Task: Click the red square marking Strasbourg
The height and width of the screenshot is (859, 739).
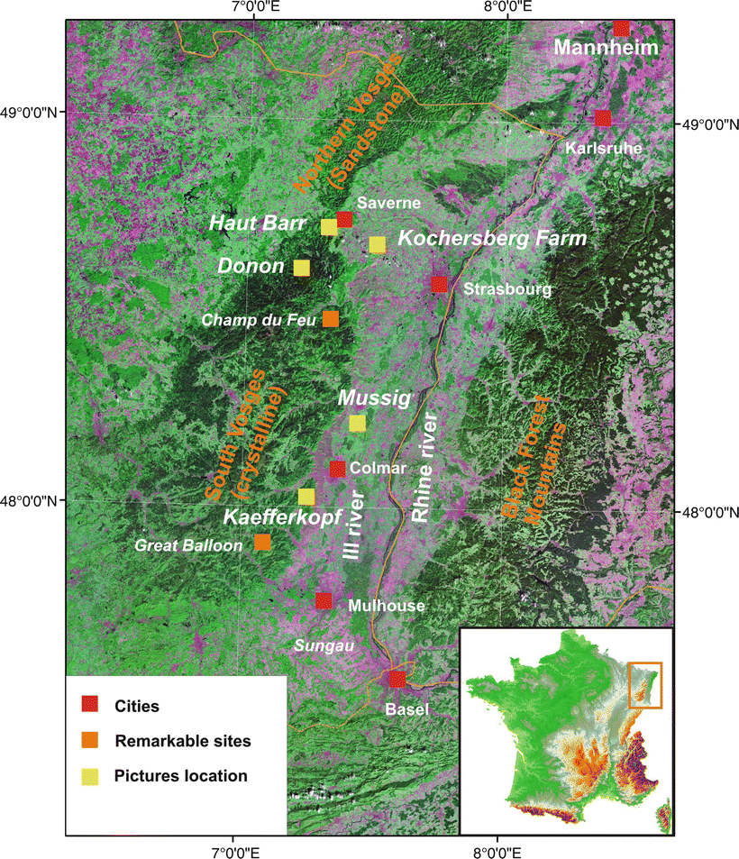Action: tap(439, 285)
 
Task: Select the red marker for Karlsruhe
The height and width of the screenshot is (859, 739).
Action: tap(603, 118)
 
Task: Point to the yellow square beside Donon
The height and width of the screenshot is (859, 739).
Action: tap(302, 267)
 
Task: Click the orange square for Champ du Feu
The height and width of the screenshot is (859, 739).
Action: tap(331, 319)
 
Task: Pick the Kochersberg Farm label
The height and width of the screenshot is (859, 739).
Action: tap(492, 239)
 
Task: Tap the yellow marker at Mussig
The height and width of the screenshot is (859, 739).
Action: tap(358, 423)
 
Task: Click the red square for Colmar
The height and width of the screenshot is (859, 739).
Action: tap(337, 468)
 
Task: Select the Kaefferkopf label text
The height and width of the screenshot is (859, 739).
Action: tap(281, 518)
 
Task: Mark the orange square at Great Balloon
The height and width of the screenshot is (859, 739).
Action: tap(262, 542)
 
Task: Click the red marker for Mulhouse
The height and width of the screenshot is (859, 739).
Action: tap(324, 600)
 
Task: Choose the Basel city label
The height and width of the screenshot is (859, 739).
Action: tap(406, 709)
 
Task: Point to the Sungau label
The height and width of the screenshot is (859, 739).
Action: tap(321, 645)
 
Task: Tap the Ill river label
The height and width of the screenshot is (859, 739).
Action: tap(356, 525)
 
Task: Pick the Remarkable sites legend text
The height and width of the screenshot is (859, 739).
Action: tap(183, 741)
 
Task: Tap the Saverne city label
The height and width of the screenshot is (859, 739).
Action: tap(383, 203)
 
